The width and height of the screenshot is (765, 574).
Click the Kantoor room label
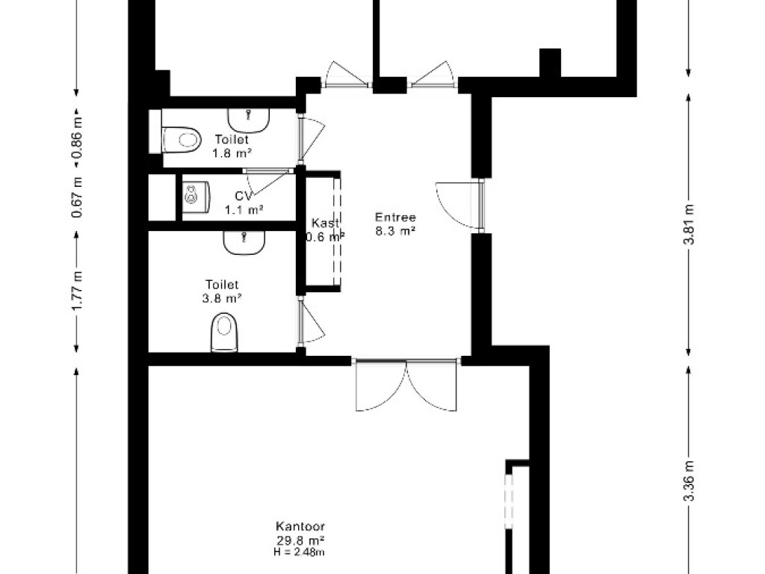pyautogui.click(x=300, y=527)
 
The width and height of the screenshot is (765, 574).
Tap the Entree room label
pyautogui.click(x=395, y=217)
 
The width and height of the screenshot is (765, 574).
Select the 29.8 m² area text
pyautogui.click(x=300, y=540)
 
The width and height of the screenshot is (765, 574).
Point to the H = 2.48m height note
pyautogui.click(x=300, y=552)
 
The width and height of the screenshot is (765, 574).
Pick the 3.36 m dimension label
pyautogui.click(x=689, y=481)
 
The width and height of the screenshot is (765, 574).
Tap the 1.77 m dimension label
pyautogui.click(x=77, y=290)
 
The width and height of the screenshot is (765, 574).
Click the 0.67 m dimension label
pyautogui.click(x=77, y=197)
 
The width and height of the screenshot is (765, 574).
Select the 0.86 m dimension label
pyautogui.click(x=77, y=138)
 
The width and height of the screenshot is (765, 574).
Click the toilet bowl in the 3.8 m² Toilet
pyautogui.click(x=224, y=333)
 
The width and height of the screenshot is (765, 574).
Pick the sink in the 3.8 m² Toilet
pyautogui.click(x=244, y=243)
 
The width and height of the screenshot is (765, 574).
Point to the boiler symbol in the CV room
pyautogui.click(x=196, y=197)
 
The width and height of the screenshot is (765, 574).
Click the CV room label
pyautogui.click(x=244, y=197)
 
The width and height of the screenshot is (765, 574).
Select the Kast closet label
pyautogui.click(x=326, y=223)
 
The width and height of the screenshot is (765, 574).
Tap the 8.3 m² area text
pyautogui.click(x=395, y=231)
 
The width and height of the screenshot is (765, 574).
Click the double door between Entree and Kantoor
pyautogui.click(x=406, y=385)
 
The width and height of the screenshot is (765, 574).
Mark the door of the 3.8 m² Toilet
pyautogui.click(x=311, y=321)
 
